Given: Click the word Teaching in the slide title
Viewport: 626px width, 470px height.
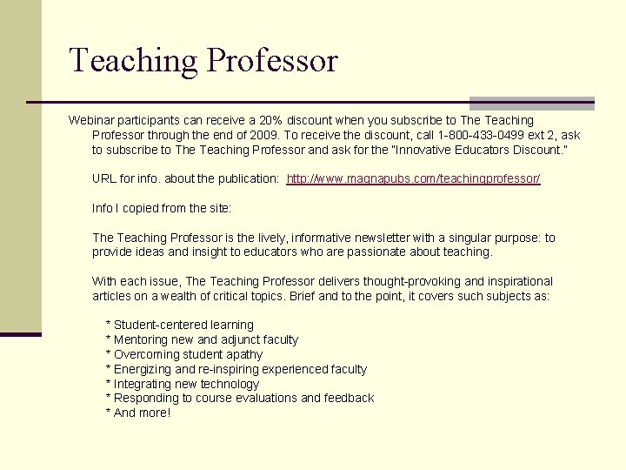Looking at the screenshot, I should click(135, 61).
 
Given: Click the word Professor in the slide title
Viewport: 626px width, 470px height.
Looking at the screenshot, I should click(272, 61).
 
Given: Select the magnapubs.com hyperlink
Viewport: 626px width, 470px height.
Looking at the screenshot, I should click(414, 178).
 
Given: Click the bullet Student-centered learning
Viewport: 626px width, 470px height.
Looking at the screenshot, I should click(180, 325).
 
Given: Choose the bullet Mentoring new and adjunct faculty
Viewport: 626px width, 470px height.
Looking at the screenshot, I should click(202, 339).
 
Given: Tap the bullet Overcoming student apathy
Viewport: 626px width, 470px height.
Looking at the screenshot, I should click(184, 354).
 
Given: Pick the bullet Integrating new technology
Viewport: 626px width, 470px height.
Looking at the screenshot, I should click(183, 384).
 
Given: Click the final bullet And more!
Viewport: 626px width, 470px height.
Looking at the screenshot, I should click(138, 413).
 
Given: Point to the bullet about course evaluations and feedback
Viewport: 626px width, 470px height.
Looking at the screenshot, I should click(240, 398).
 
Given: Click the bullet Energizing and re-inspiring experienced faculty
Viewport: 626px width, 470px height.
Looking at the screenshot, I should click(236, 369).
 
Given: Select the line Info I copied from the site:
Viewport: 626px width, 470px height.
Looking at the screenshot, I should click(162, 208).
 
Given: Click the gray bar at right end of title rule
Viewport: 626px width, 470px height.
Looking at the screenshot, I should click(531, 103).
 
